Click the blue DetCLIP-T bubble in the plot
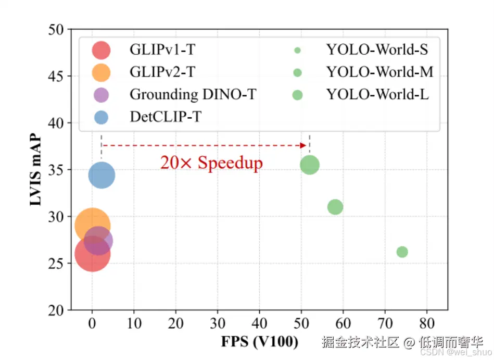tap(102, 175)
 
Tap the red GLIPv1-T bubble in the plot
tap(92, 254)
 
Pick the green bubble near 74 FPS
tap(402, 252)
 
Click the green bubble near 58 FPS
tap(335, 207)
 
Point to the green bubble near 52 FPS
tap(310, 165)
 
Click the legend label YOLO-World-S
tap(377, 50)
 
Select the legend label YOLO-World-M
tap(379, 72)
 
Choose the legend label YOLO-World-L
tap(377, 95)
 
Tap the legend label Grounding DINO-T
tap(193, 94)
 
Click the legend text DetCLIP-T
tap(165, 117)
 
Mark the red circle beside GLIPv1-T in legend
tap(101, 51)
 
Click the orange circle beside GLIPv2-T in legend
tap(101, 72)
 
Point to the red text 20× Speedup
tap(211, 163)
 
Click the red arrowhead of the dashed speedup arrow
tap(303, 145)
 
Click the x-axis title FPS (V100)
tap(260, 342)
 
